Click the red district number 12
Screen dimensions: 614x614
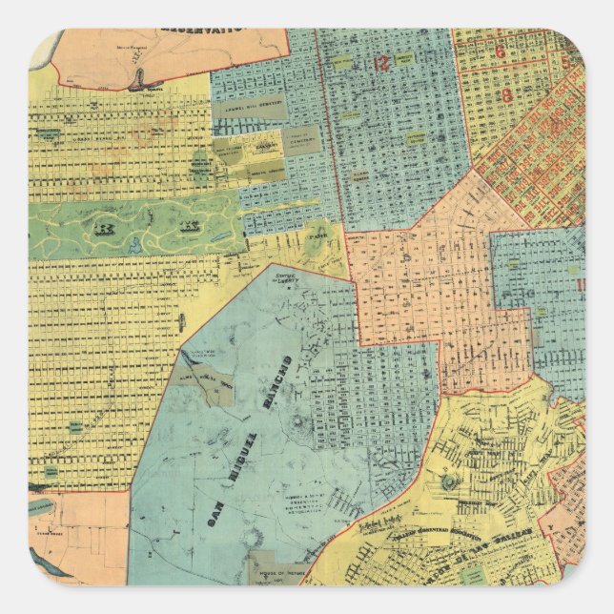point(382,64)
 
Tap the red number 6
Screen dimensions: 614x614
point(499,52)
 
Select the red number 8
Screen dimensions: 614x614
point(506,94)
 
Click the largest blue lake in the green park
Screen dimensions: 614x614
point(134,245)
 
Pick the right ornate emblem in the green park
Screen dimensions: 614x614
point(190,229)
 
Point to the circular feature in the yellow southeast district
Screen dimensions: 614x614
point(448,482)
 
